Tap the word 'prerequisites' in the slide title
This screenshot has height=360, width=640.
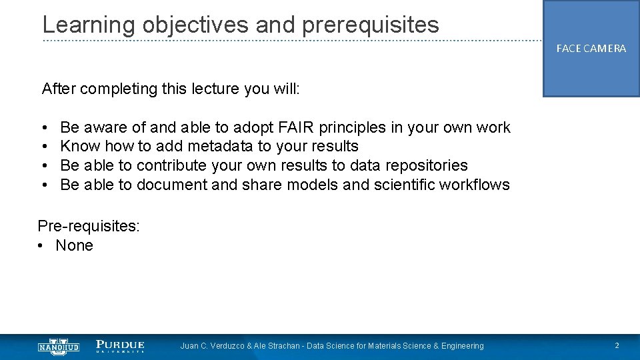tap(371, 25)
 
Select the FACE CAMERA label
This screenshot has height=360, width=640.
tap(591, 49)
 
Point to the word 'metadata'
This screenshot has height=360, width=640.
tap(221, 146)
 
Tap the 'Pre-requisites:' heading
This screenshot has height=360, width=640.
tap(89, 226)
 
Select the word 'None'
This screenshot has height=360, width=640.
tap(75, 245)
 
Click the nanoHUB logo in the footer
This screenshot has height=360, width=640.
tap(59, 346)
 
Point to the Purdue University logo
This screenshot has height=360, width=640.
tap(120, 346)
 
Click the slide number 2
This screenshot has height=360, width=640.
tap(617, 346)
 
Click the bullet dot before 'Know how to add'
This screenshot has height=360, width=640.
tap(43, 147)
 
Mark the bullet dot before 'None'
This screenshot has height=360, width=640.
tap(41, 246)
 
